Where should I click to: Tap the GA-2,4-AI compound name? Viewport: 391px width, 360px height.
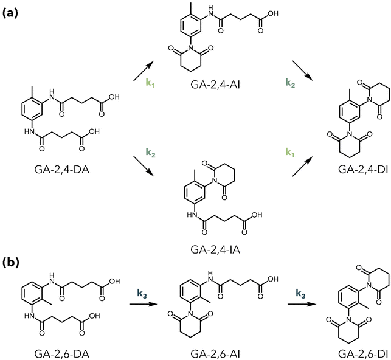pyautogui.click(x=215, y=85)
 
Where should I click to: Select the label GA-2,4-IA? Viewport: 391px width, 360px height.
pyautogui.click(x=215, y=249)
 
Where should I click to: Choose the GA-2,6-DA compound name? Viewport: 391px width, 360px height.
pyautogui.click(x=62, y=353)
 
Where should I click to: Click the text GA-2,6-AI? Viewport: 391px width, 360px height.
pyautogui.click(x=215, y=353)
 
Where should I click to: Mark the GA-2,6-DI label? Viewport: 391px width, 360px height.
pyautogui.click(x=363, y=353)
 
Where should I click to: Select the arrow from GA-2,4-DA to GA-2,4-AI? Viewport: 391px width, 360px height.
pyautogui.click(x=143, y=71)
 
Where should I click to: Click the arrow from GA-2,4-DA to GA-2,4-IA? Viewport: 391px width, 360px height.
pyautogui.click(x=143, y=166)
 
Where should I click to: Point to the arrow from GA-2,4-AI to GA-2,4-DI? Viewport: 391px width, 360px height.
pyautogui.click(x=302, y=70)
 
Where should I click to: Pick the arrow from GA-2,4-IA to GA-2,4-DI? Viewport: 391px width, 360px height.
pyautogui.click(x=302, y=167)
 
